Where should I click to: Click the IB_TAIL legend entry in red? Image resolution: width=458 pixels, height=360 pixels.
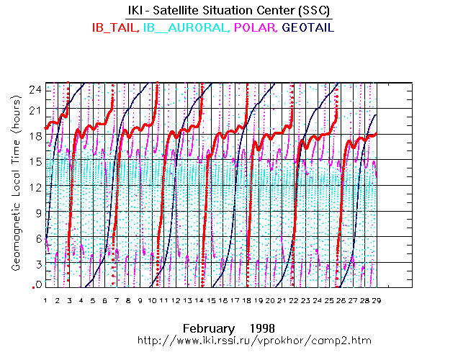(x=115, y=28)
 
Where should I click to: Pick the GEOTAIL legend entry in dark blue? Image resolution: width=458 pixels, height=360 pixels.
(x=309, y=28)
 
